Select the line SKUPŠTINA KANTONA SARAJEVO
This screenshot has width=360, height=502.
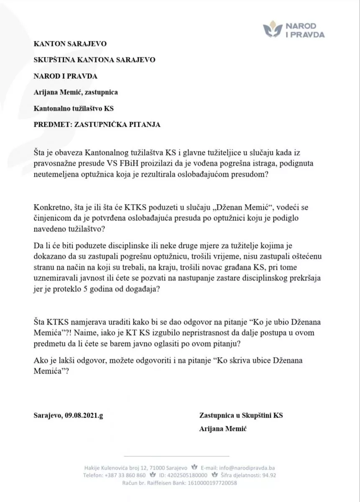[x=94, y=59]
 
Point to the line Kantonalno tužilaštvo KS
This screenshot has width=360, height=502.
[x=74, y=108]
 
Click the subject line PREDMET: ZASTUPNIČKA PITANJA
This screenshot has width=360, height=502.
[x=97, y=124]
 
